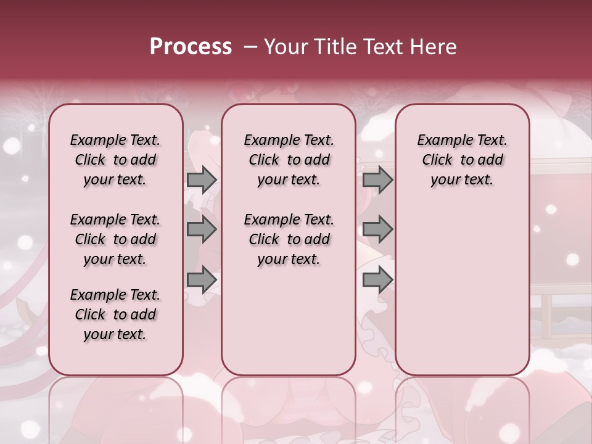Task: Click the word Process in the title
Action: (191, 46)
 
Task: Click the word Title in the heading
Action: (330, 46)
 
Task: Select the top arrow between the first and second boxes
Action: (201, 179)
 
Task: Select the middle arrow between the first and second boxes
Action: (201, 229)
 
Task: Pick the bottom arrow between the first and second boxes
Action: (201, 279)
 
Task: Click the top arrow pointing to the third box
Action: (377, 179)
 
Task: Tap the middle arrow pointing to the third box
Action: (377, 229)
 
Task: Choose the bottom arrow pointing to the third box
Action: (377, 279)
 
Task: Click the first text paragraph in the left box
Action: (115, 160)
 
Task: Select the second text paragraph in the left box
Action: (115, 239)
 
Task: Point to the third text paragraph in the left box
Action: (115, 314)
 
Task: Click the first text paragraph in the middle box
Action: (289, 160)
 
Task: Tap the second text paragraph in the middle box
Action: (289, 239)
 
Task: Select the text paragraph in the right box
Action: (462, 160)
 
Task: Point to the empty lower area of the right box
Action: (462, 290)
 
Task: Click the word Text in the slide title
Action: (382, 46)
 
